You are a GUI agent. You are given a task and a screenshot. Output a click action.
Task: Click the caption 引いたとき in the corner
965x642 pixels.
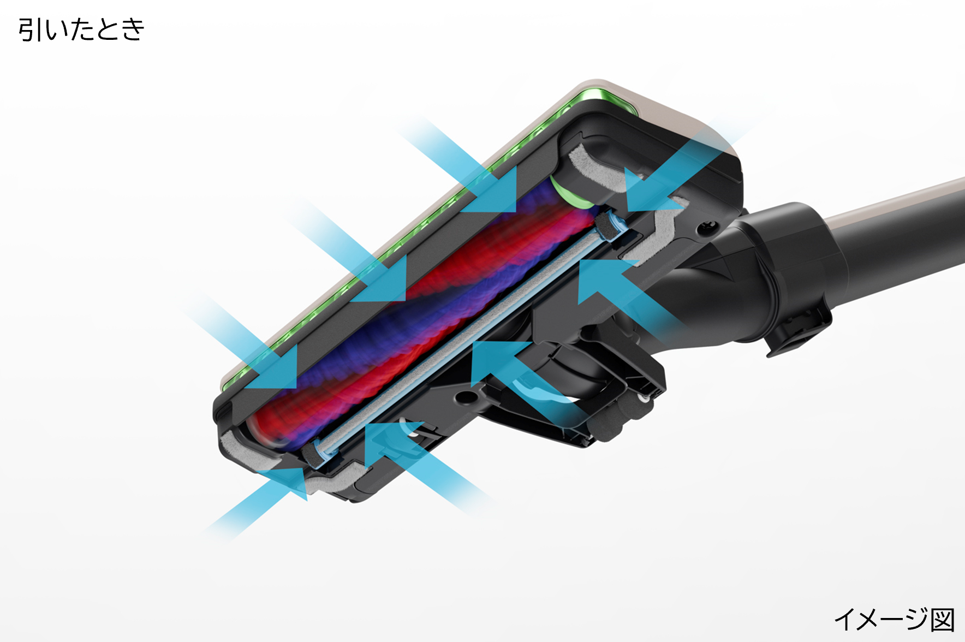81,29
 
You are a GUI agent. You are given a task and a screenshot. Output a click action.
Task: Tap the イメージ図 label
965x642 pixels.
895,620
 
